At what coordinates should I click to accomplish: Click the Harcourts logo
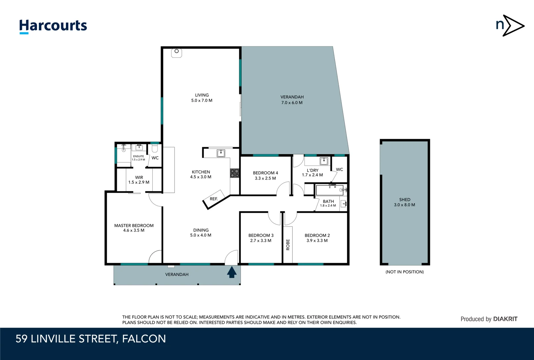point(53,26)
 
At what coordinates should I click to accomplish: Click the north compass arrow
point(514,26)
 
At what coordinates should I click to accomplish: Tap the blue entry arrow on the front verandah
point(232,272)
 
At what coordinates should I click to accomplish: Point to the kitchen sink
point(221,153)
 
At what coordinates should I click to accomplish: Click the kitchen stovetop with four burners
point(235,173)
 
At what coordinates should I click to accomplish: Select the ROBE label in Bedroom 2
point(288,245)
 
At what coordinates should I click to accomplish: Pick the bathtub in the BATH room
point(330,190)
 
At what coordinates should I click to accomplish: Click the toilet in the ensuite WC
point(155,148)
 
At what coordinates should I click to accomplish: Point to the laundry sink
point(324,161)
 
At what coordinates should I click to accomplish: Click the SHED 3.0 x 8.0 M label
point(404,202)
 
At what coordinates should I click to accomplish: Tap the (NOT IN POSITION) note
point(404,272)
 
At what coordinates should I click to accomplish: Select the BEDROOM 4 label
point(265,175)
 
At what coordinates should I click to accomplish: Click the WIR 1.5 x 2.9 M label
point(139,180)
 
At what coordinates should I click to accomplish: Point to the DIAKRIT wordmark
point(505,319)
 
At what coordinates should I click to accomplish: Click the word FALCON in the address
point(144,339)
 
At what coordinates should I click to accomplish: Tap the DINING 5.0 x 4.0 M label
point(201,233)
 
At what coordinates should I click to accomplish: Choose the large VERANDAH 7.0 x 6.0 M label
point(292,100)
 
